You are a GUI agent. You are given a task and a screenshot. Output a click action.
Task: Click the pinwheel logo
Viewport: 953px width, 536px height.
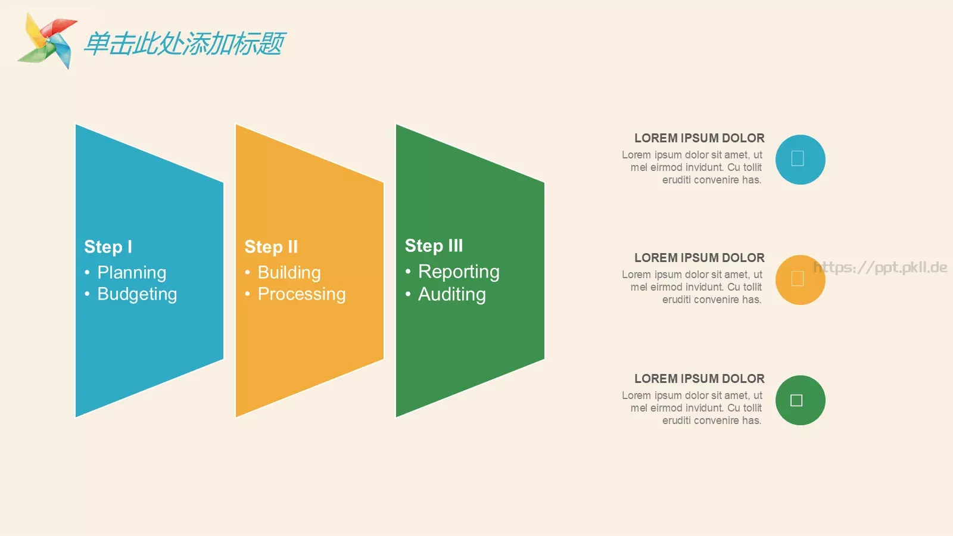[47, 41]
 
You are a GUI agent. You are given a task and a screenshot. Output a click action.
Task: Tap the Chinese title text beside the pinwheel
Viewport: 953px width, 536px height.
[184, 43]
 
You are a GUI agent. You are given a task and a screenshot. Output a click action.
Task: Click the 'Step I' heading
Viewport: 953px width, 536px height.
[108, 247]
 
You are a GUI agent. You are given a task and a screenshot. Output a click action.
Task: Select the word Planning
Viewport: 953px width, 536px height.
[132, 273]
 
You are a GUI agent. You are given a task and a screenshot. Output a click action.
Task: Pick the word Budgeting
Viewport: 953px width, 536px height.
[137, 294]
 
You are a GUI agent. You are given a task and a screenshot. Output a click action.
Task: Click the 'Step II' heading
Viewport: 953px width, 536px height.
[271, 247]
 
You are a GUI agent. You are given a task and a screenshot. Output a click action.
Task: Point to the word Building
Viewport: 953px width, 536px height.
[289, 273]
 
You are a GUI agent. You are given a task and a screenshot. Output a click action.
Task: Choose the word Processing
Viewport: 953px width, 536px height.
[301, 294]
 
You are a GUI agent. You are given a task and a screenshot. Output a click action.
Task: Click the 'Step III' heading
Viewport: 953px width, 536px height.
[434, 245]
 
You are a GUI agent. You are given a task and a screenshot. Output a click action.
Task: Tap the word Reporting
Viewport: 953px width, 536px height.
[459, 272]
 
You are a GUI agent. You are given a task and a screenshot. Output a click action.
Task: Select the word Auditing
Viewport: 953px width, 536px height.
[452, 294]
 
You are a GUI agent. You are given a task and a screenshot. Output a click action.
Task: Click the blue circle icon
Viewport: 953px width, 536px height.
[801, 160]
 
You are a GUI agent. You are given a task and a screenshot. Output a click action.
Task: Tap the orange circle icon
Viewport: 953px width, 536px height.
[801, 280]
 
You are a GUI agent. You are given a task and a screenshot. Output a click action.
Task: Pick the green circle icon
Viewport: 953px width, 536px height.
[801, 400]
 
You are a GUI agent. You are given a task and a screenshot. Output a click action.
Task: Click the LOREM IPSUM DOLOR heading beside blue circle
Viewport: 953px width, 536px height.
[699, 138]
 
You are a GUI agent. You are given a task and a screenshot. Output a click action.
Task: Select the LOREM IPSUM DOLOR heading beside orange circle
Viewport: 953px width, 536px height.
[699, 258]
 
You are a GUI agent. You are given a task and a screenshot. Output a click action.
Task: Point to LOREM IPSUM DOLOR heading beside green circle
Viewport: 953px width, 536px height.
[699, 379]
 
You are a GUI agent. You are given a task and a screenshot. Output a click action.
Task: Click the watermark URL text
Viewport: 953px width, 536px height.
[880, 267]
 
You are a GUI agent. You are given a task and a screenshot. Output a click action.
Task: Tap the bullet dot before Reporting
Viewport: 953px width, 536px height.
[408, 272]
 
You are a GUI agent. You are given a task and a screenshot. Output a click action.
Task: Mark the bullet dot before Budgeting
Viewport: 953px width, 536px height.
[87, 294]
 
